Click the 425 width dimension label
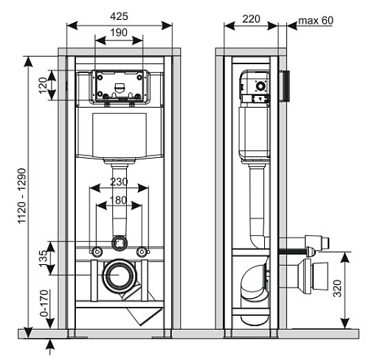[119, 16]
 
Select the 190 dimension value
[119, 32]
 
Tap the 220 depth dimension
[251, 18]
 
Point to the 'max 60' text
[316, 21]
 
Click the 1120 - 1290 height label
[22, 195]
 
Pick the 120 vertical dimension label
[43, 86]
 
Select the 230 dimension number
[119, 181]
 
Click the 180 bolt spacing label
[119, 200]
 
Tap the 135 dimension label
[43, 258]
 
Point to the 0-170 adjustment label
[44, 303]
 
